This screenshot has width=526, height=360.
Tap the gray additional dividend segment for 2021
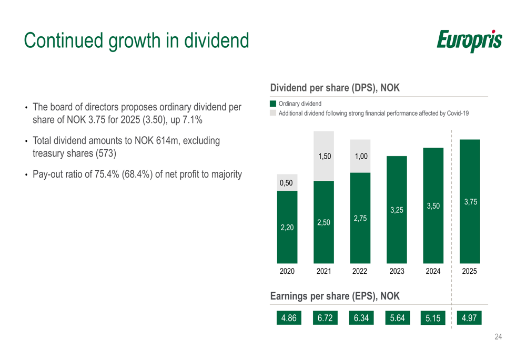coord(323,156)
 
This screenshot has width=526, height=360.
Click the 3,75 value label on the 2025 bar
coord(470,202)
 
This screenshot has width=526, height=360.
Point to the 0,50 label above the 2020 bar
coord(287,182)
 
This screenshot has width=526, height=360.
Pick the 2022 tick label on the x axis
coord(360,272)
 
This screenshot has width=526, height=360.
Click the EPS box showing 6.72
coord(325,318)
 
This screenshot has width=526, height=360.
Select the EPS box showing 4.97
coord(469,318)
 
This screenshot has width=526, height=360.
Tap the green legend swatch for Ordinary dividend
coord(273,104)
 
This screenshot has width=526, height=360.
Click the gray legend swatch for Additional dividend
coord(273,113)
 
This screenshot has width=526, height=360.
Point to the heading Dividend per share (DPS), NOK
coord(335,88)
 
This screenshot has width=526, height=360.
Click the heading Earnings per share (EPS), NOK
coord(335,296)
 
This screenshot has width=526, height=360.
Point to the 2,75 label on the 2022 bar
coord(360,219)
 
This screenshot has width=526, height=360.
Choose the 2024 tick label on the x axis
coord(433,272)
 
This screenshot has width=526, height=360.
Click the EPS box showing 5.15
coord(433,318)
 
